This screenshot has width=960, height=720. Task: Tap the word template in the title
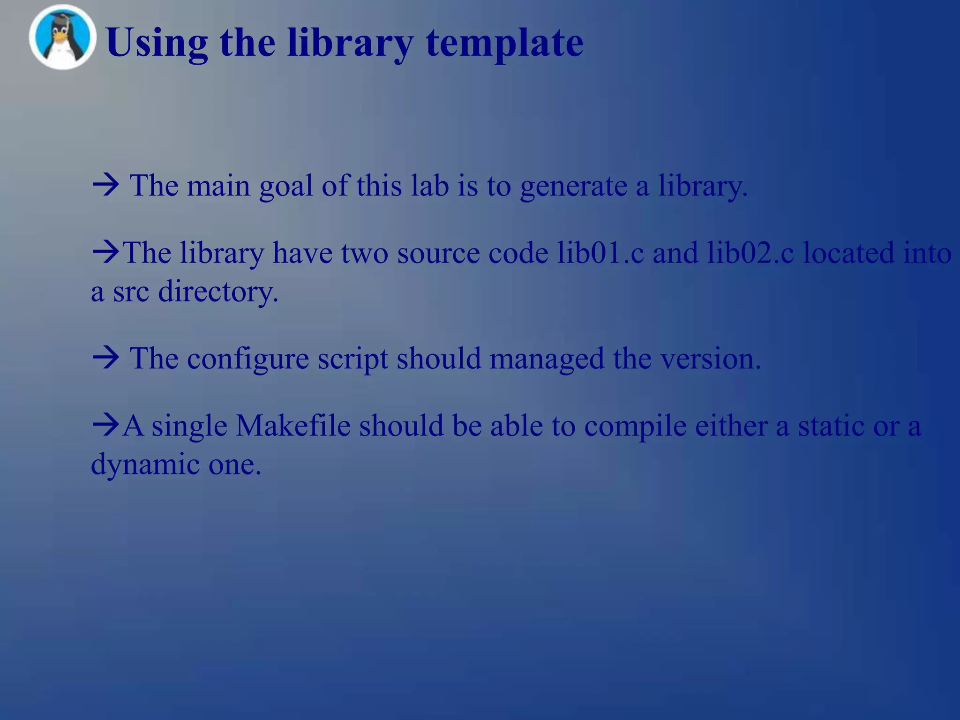click(x=504, y=43)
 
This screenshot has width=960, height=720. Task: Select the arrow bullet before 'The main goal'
click(x=106, y=186)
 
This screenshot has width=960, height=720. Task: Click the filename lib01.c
click(x=600, y=253)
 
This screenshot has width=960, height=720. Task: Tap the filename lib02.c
click(x=750, y=253)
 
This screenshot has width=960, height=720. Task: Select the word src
click(x=131, y=292)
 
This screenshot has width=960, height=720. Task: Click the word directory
click(x=218, y=292)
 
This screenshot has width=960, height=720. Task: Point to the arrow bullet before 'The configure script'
click(x=106, y=359)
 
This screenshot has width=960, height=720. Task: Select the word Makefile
click(x=293, y=426)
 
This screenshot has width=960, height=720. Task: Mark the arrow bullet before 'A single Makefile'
click(x=106, y=426)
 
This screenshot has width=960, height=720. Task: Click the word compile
click(x=635, y=427)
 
